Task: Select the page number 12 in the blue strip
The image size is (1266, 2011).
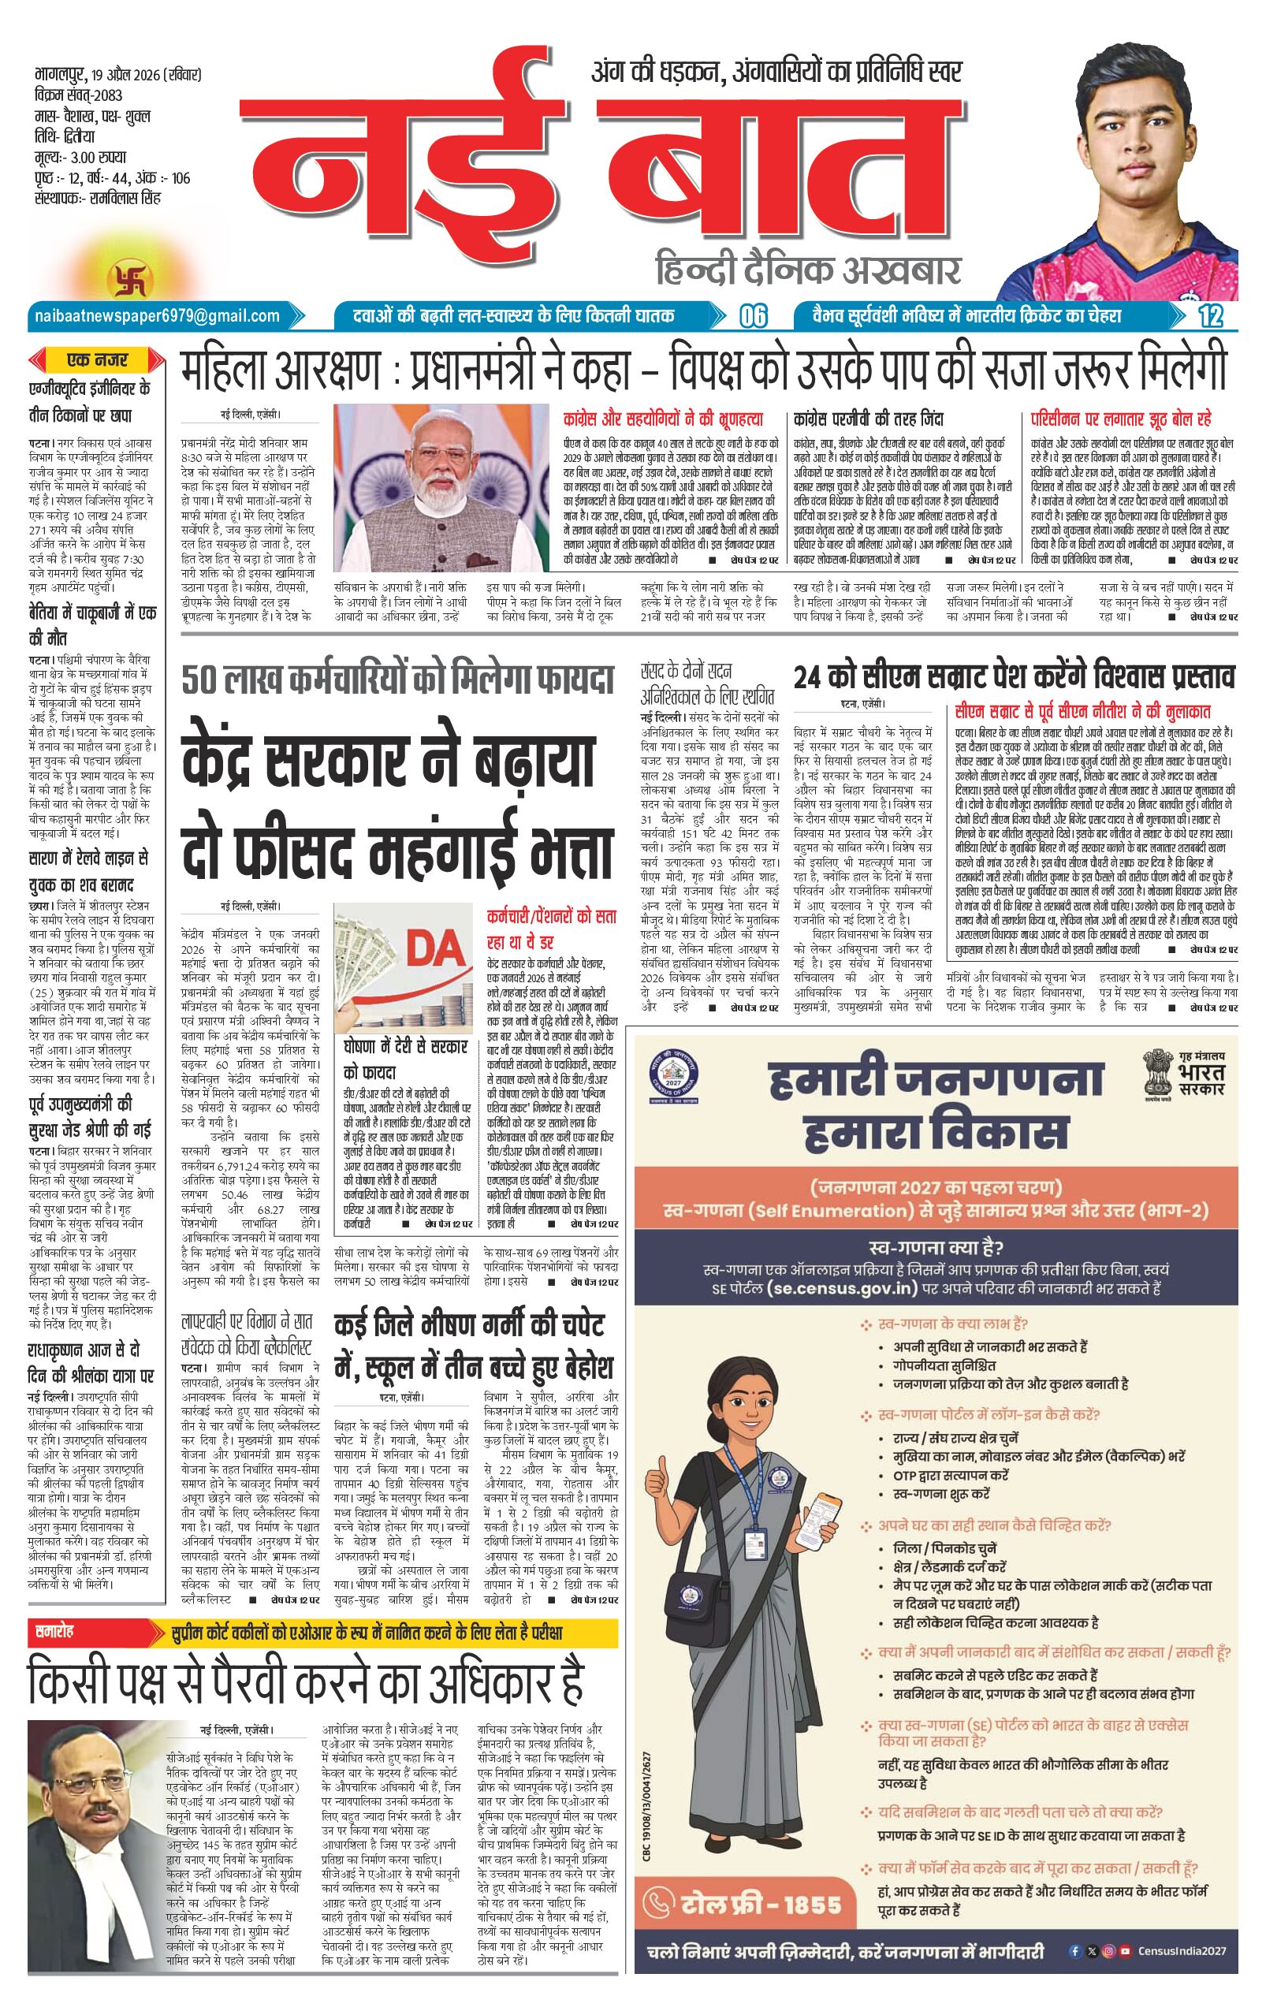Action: coord(1208,315)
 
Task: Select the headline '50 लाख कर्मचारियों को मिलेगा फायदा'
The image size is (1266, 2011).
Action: coord(398,680)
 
